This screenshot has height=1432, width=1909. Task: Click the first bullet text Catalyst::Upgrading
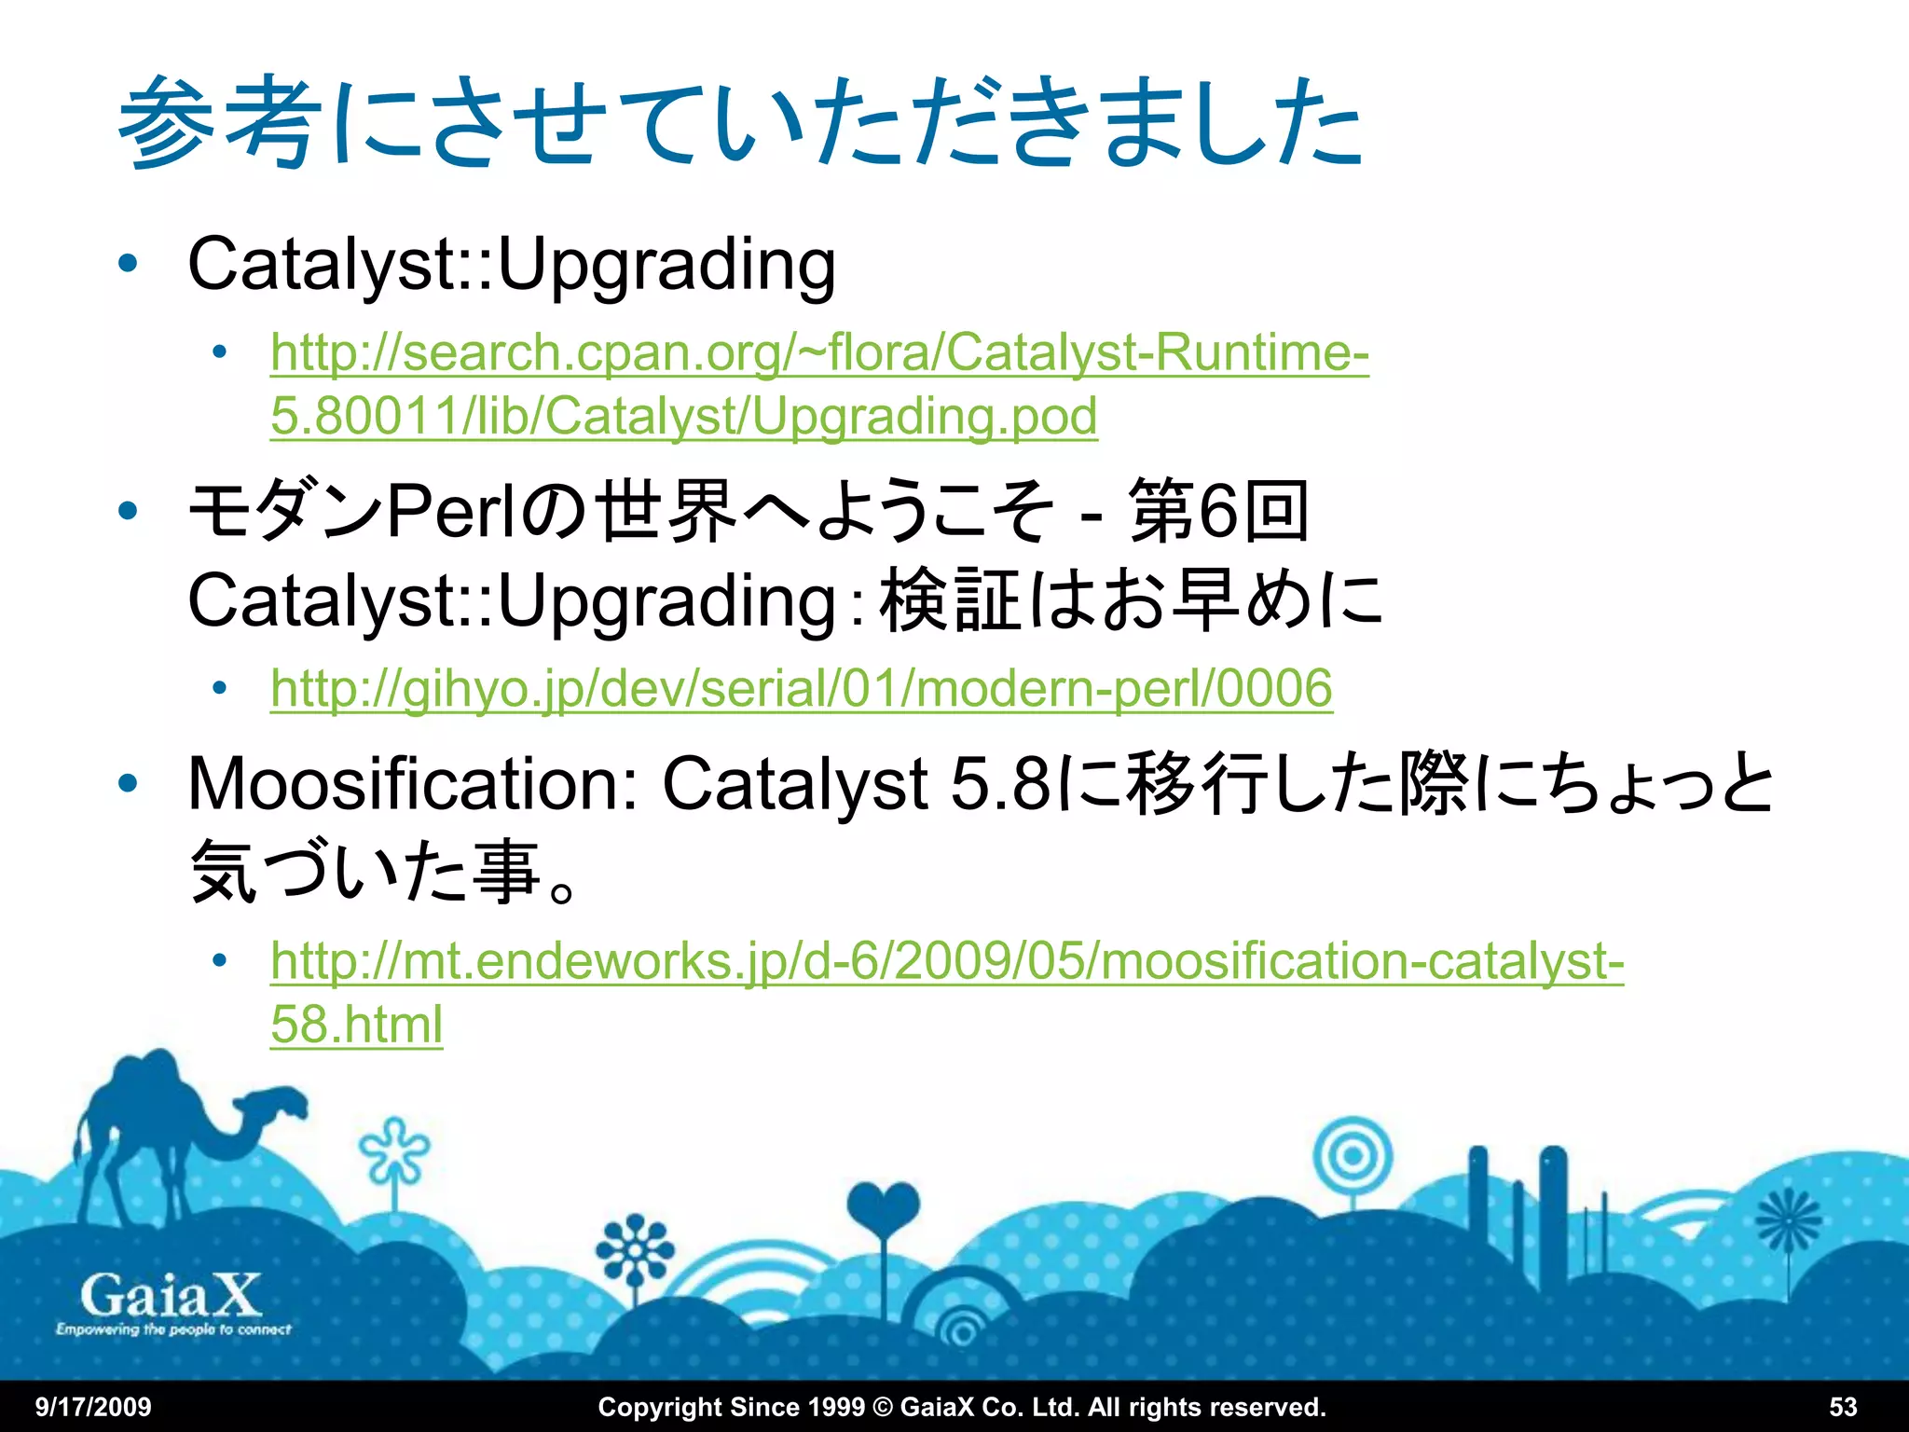[511, 265]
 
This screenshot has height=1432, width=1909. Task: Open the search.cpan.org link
[819, 354]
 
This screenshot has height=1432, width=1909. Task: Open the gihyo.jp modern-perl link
[801, 689]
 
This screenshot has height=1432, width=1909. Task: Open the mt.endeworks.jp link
[946, 961]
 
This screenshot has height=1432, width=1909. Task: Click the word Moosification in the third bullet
[411, 784]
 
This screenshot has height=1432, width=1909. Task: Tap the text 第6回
[1217, 511]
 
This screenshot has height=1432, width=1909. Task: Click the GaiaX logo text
[170, 1296]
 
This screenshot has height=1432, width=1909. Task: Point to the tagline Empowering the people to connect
[173, 1329]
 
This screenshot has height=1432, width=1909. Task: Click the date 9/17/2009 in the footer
[93, 1407]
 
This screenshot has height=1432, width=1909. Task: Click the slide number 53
[1843, 1407]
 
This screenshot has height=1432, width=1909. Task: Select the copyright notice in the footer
[961, 1407]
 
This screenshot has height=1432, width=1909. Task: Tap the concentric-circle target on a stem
[1352, 1157]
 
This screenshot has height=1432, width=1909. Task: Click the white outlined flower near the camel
[395, 1150]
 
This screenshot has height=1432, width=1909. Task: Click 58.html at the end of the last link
[356, 1025]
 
